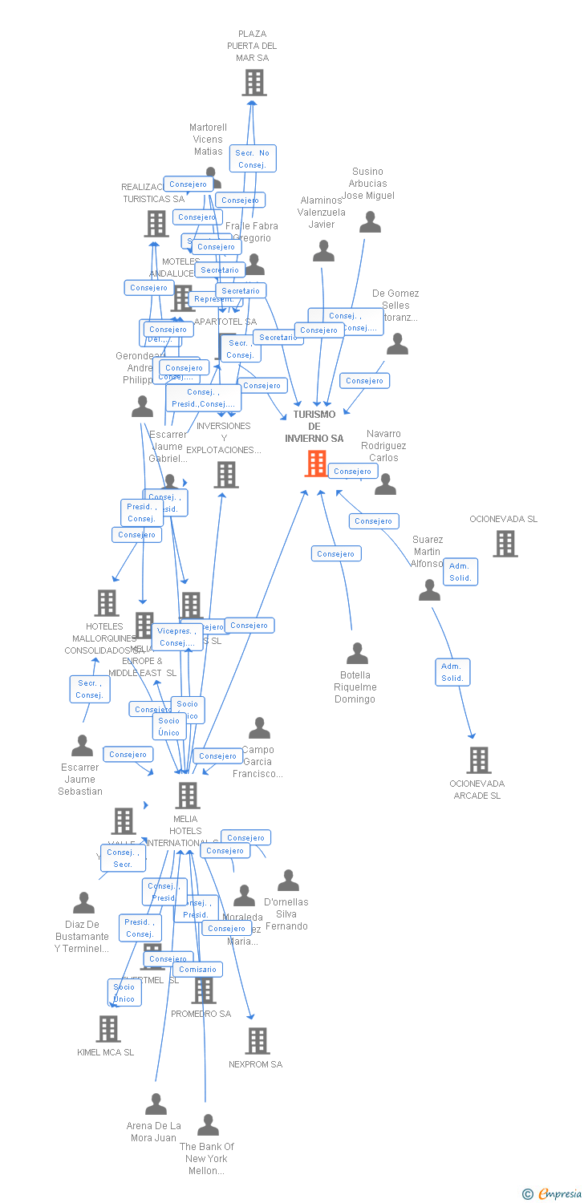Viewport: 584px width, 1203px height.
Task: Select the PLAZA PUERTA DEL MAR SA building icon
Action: click(253, 83)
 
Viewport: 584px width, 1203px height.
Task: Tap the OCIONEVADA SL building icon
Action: click(505, 544)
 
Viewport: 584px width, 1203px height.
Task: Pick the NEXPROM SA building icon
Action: click(257, 1041)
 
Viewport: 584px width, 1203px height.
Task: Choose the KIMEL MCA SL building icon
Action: click(107, 1029)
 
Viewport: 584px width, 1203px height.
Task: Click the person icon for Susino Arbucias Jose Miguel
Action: click(370, 222)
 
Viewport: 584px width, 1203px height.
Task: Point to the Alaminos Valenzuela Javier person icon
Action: click(323, 252)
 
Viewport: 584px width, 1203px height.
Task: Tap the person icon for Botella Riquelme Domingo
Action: click(357, 654)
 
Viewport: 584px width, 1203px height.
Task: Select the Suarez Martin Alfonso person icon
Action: click(430, 590)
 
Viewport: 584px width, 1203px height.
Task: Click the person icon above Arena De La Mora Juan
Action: click(156, 1104)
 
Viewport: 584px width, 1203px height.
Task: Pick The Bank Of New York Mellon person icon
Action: click(208, 1125)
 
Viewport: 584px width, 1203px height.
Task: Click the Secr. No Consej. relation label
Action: click(253, 159)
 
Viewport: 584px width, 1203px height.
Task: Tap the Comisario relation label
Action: click(197, 970)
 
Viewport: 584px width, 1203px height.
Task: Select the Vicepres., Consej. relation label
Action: click(177, 637)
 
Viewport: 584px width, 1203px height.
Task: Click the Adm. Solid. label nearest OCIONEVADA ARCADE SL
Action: click(452, 672)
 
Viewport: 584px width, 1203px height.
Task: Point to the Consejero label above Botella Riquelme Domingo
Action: click(336, 553)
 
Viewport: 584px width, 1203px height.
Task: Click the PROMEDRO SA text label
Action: click(201, 1014)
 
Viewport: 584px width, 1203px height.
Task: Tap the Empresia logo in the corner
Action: click(554, 1194)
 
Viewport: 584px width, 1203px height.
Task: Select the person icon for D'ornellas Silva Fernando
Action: click(288, 881)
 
